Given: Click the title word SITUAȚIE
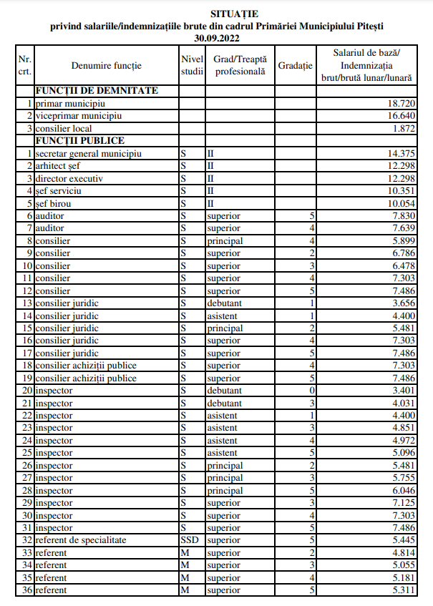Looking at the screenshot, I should (216, 13).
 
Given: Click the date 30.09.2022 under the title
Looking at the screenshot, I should (216, 36).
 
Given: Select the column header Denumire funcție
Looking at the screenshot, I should (107, 66).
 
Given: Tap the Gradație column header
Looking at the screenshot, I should (296, 66).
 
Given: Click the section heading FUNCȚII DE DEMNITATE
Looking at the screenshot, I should (97, 91).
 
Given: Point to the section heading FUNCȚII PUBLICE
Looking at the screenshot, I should (80, 141).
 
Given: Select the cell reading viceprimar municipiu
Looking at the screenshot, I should (79, 116).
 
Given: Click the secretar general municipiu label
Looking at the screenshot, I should (88, 154).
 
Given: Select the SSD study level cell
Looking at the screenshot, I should (190, 540).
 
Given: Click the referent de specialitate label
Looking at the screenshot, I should (81, 540).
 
